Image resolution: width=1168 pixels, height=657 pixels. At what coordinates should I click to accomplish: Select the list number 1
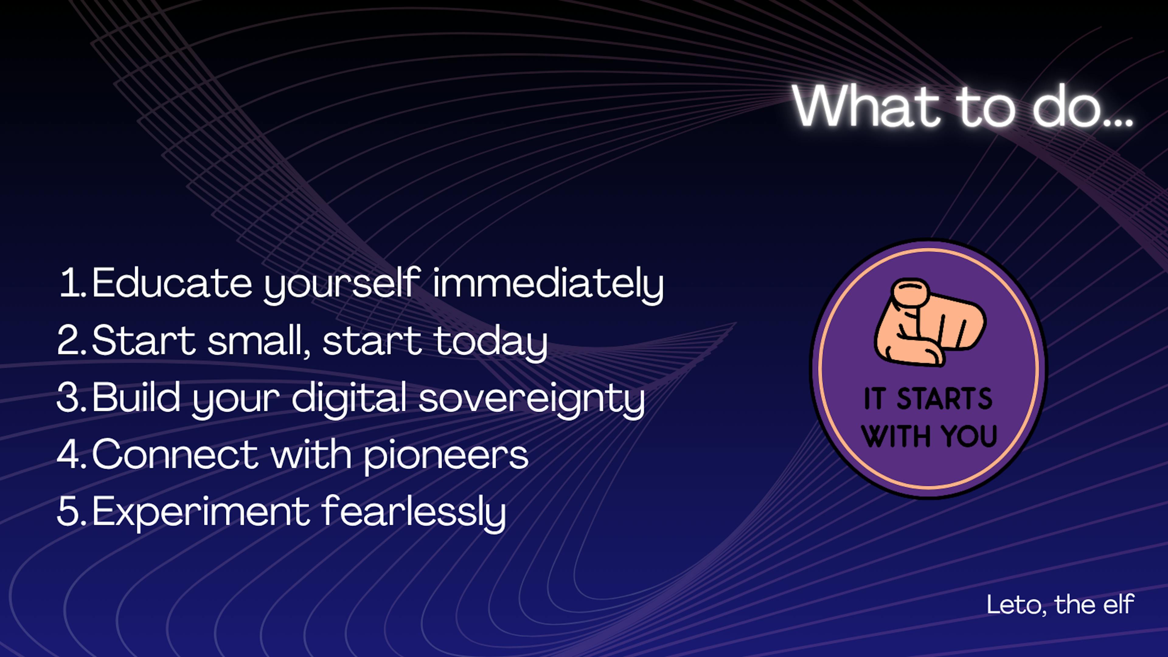(x=73, y=283)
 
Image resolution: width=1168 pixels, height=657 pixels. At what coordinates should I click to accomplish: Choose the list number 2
(x=72, y=340)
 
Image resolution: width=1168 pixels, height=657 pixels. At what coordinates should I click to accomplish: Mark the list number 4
(x=72, y=454)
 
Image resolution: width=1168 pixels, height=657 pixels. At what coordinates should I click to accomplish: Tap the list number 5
(x=72, y=511)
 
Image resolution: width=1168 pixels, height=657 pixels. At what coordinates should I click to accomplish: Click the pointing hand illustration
(x=930, y=322)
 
